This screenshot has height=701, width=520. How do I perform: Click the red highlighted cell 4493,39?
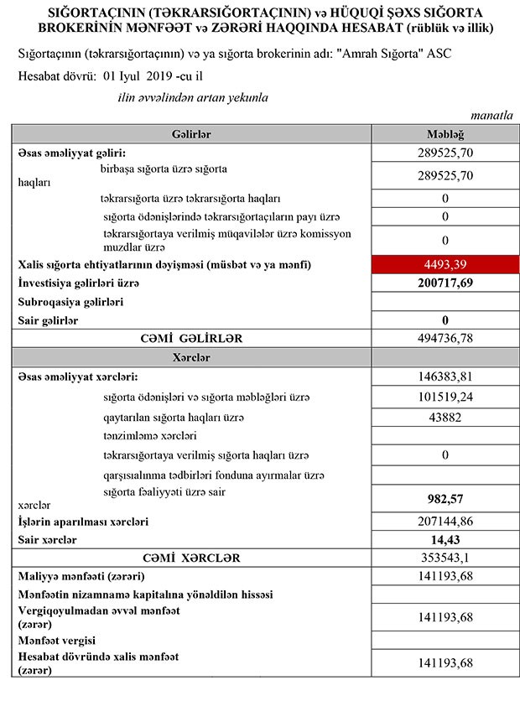pos(445,265)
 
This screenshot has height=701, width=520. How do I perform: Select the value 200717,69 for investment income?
pos(445,284)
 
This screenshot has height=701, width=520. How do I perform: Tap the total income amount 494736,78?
pos(445,338)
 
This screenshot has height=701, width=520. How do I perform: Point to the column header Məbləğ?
pos(445,134)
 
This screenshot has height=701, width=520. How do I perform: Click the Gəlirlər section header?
pos(190,134)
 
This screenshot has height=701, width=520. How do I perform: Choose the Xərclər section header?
pos(190,357)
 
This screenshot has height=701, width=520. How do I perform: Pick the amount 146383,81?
pos(445,376)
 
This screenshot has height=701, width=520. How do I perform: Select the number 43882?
pos(445,417)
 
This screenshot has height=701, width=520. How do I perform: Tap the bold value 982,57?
pos(445,498)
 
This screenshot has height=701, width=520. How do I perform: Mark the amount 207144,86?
pos(445,522)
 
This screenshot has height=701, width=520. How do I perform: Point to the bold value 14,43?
pos(445,540)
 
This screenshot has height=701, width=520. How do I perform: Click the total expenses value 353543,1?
pos(445,558)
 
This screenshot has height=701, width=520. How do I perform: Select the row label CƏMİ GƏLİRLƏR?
pos(190,338)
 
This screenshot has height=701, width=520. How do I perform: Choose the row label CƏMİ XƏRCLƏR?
pos(190,558)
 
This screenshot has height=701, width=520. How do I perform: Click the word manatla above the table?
pos(491,117)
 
